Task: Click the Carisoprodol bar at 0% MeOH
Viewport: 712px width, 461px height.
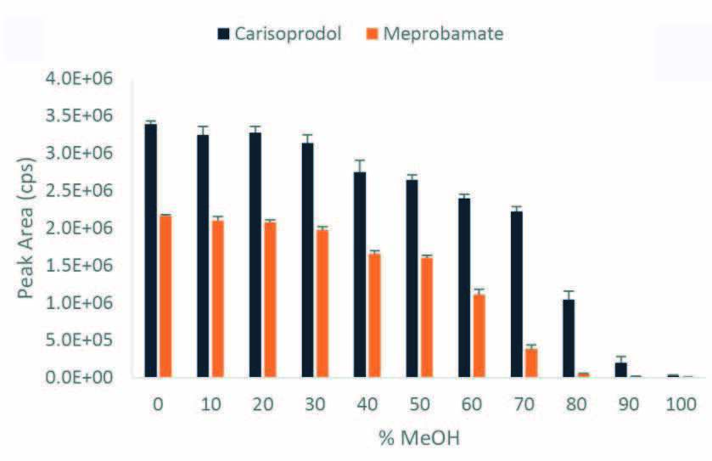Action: [x=151, y=250]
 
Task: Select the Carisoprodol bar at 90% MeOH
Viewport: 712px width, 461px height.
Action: [x=620, y=369]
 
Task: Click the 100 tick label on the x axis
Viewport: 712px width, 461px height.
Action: [x=679, y=405]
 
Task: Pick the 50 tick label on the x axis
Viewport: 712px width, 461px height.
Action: [x=418, y=405]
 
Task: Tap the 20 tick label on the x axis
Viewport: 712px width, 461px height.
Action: [x=262, y=405]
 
